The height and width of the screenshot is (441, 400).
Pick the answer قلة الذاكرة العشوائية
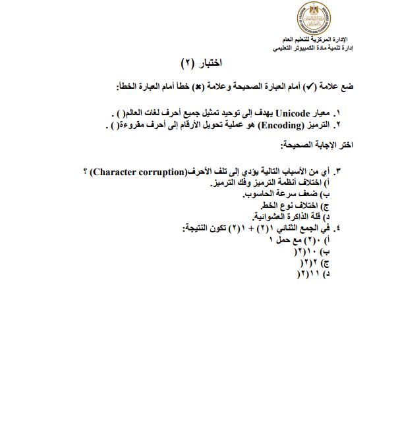(287, 217)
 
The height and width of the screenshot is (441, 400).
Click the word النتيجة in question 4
(198, 228)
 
